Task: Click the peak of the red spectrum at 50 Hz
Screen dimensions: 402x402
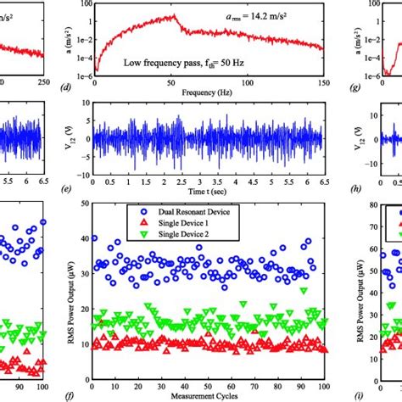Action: [173, 15]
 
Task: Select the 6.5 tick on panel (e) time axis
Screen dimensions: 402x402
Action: [321, 181]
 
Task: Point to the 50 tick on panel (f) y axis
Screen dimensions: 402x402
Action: [83, 204]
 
